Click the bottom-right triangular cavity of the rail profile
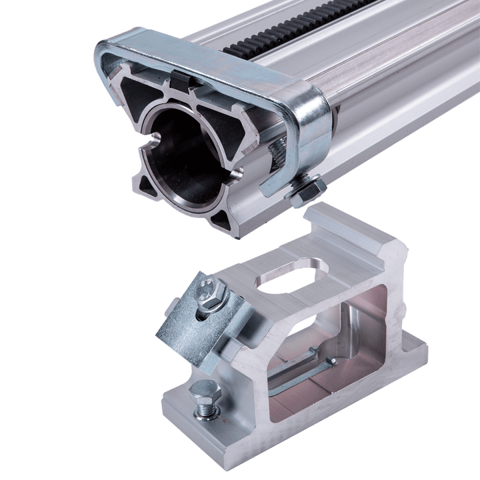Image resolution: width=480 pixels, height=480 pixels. [227, 223]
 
